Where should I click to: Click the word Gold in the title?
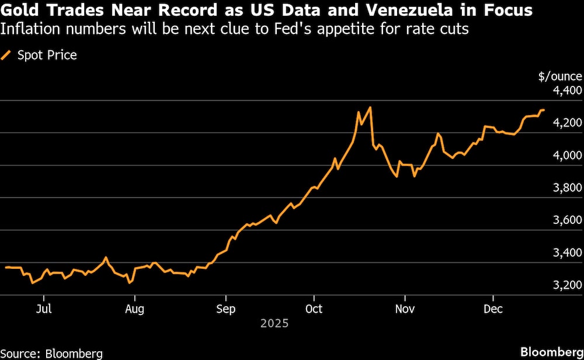(21, 11)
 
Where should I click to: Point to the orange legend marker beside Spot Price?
(7, 56)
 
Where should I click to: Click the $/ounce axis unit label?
(559, 76)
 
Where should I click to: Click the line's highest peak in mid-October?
(370, 108)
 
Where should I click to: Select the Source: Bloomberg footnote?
(51, 352)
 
